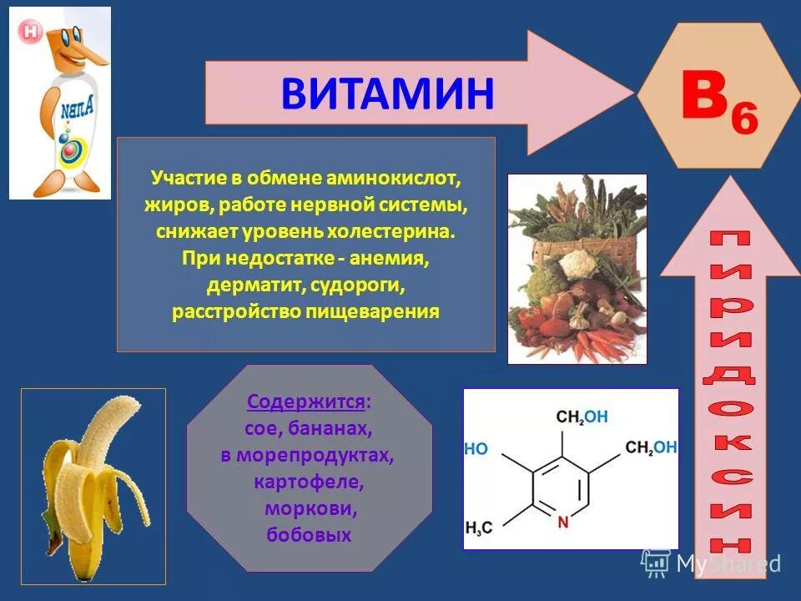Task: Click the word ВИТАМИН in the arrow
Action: pos(388,93)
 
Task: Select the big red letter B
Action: pos(704,95)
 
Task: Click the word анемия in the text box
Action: pos(391,258)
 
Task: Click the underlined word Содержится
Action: pos(305,402)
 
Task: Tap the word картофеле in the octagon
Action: pos(309,482)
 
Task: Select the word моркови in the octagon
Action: pos(309,509)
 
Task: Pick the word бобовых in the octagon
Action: pos(309,535)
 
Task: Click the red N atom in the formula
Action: pos(562,523)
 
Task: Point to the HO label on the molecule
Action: pos(476,448)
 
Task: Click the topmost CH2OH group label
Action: pos(582,417)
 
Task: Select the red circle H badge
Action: pos(31,32)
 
